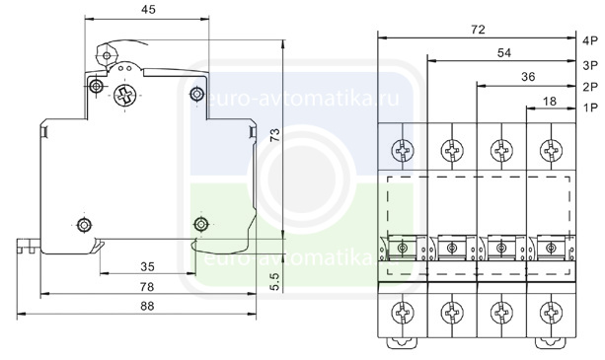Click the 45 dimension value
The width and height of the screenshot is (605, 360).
(148, 9)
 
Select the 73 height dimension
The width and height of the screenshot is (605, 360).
(275, 135)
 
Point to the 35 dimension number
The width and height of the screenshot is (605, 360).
(147, 266)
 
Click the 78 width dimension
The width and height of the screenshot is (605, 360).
(147, 287)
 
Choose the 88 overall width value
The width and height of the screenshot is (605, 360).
(147, 306)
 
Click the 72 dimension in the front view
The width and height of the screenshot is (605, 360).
(478, 30)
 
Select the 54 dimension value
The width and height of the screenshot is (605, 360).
(504, 53)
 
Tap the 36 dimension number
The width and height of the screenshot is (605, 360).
(528, 77)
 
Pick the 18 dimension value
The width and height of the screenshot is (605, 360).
(550, 101)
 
